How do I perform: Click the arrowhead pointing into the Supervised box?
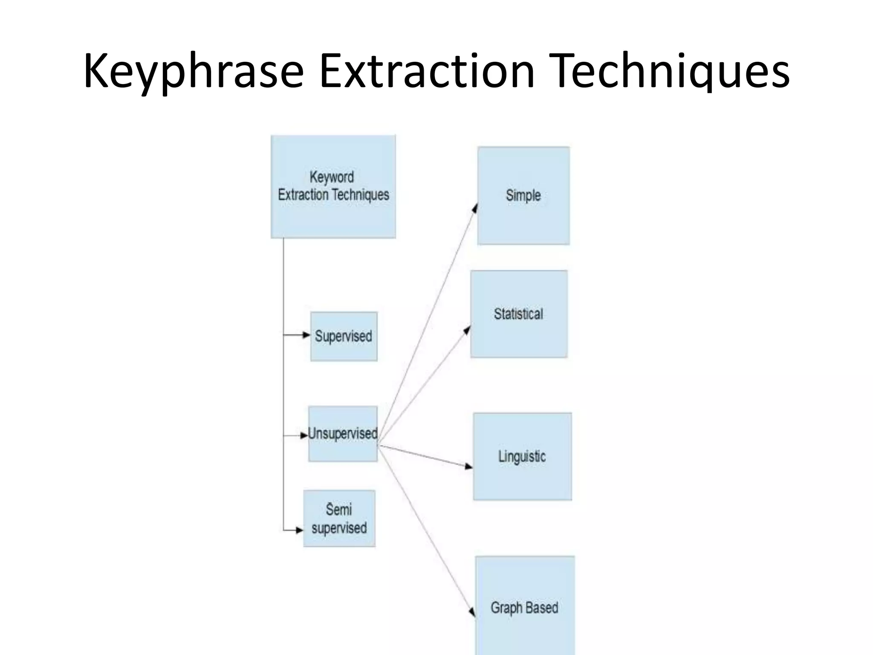306,335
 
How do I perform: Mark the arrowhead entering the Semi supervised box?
300,530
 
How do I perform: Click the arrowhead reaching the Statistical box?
468,330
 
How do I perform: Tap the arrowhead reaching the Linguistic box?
469,467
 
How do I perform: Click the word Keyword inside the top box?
332,177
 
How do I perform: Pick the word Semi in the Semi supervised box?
339,510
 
